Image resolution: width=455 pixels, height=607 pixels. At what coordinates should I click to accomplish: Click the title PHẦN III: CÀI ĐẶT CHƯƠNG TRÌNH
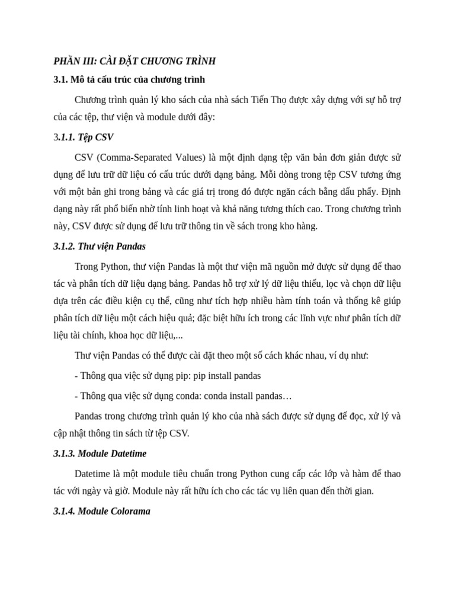click(x=134, y=61)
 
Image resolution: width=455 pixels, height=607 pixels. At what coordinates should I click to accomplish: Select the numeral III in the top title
click(x=89, y=61)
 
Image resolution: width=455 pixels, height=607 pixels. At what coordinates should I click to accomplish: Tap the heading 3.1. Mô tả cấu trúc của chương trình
click(x=129, y=79)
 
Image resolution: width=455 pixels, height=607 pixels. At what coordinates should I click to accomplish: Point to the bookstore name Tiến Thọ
click(x=268, y=99)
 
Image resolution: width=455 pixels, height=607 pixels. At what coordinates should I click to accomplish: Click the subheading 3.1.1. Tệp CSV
click(x=83, y=138)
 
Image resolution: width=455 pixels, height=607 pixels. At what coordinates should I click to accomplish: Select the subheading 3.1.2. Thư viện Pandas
click(x=100, y=246)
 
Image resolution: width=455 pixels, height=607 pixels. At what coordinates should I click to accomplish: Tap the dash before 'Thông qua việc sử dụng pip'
click(x=76, y=376)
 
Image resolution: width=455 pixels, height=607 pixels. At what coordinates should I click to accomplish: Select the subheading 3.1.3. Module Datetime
click(x=100, y=453)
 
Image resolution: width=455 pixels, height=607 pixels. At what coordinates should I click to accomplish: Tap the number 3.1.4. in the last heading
click(x=64, y=511)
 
